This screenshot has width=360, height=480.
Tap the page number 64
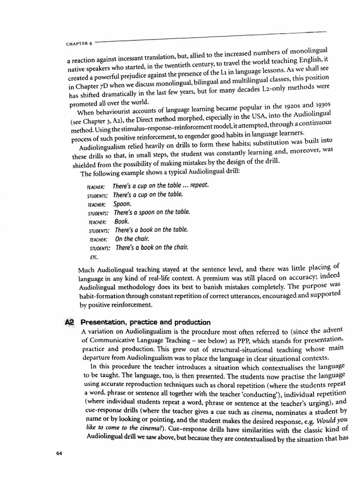coord(59,453)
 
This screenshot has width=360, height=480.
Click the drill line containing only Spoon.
coord(123,204)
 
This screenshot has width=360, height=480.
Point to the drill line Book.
coord(121,221)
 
